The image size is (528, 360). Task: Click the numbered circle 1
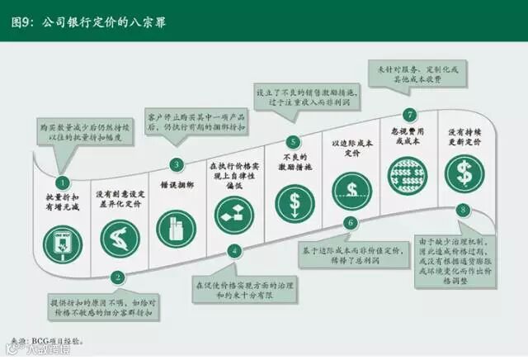click(61, 182)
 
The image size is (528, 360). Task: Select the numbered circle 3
click(176, 164)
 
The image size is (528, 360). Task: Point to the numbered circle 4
click(234, 250)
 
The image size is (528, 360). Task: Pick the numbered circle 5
click(292, 141)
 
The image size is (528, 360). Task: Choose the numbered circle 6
click(350, 222)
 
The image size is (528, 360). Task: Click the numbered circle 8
click(464, 210)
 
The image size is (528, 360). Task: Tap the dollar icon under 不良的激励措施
click(292, 201)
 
